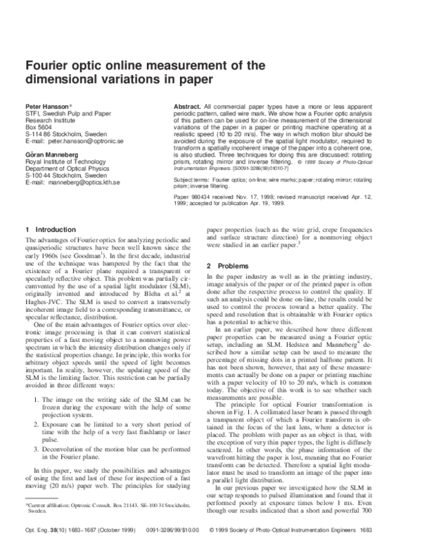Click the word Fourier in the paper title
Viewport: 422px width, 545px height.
click(51, 66)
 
